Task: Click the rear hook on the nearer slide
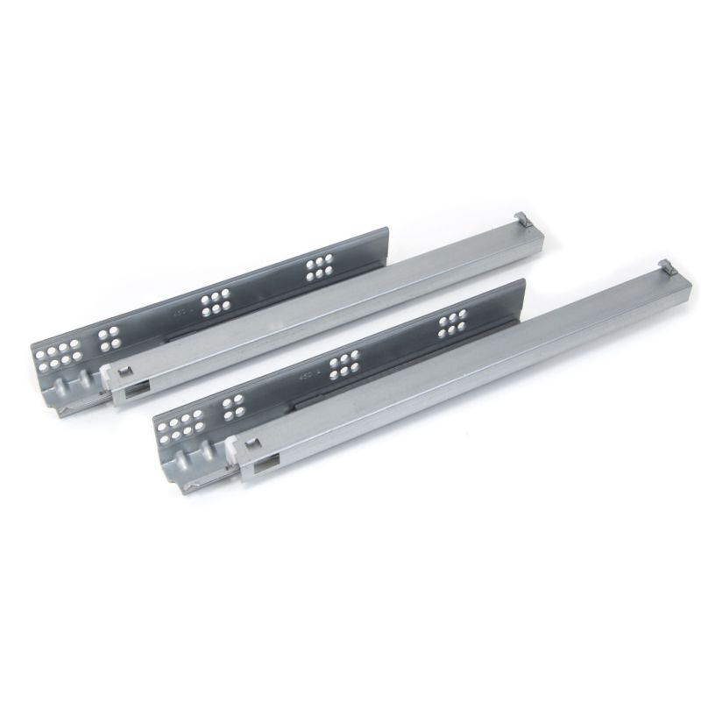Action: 663,266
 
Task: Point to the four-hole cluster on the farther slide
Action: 109,334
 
